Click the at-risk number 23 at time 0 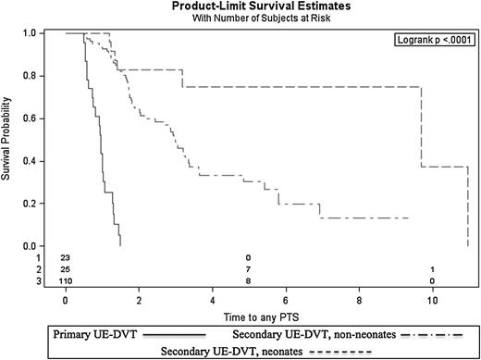pyautogui.click(x=66, y=257)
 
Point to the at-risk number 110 pyautogui.click(x=66, y=279)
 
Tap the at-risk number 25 pyautogui.click(x=66, y=268)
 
